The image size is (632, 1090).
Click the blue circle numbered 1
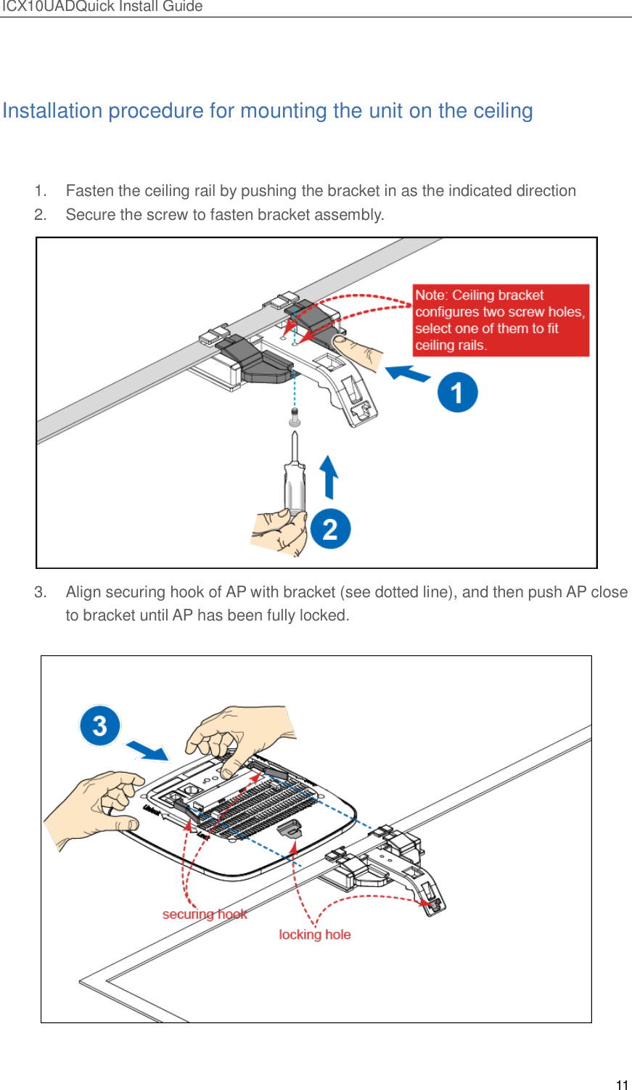[457, 393]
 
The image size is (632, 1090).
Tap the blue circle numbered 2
[330, 528]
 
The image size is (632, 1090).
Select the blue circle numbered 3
[99, 725]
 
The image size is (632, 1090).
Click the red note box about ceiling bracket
[501, 320]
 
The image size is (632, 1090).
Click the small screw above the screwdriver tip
[294, 417]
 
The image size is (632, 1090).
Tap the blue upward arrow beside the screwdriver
[329, 477]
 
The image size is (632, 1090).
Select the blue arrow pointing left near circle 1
[408, 374]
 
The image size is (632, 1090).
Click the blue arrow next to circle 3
[148, 750]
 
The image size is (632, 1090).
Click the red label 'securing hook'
[205, 914]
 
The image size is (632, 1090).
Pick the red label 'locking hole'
[315, 935]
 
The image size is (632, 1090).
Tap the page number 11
[622, 1085]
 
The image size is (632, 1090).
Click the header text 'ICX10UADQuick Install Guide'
[102, 7]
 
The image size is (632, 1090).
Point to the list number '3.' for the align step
[41, 592]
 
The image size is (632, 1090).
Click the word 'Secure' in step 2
[89, 215]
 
